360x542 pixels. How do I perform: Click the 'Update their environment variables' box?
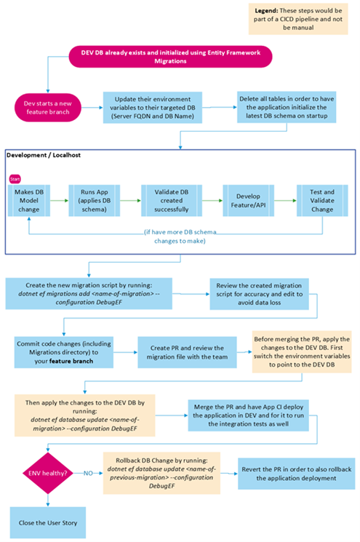click(x=153, y=108)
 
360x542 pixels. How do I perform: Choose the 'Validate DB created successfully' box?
click(x=174, y=197)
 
